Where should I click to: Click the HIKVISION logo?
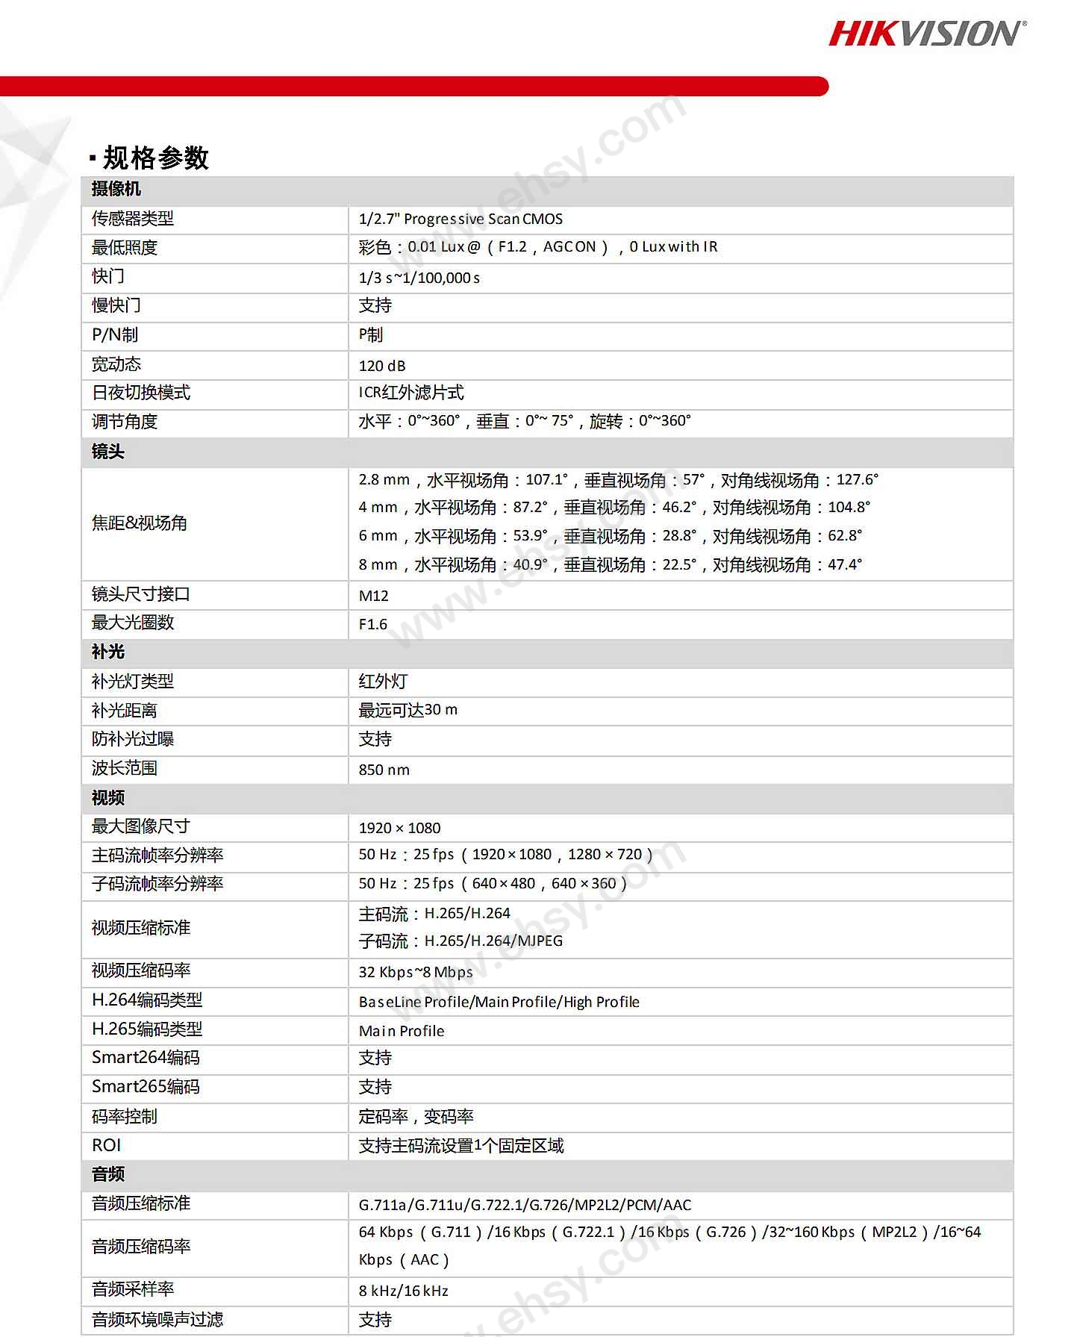(x=927, y=34)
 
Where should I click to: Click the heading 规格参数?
(x=155, y=158)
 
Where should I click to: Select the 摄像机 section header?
(x=116, y=190)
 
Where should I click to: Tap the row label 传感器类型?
(x=132, y=219)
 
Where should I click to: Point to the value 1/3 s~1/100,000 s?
(x=419, y=278)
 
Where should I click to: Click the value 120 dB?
(x=382, y=366)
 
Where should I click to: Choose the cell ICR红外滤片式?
(x=411, y=393)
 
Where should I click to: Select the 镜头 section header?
(x=108, y=452)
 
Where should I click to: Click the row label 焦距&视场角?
(x=139, y=523)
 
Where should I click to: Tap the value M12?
(x=373, y=596)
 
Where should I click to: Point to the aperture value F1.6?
(x=372, y=624)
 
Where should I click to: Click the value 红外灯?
(x=383, y=682)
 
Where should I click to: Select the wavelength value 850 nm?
(x=384, y=770)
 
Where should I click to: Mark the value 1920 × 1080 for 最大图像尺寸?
(x=399, y=828)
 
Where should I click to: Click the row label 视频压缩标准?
(x=141, y=928)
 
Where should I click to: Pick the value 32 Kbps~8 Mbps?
(x=415, y=972)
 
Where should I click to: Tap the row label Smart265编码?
(x=146, y=1087)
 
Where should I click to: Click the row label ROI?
(x=106, y=1145)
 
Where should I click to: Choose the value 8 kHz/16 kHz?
(x=403, y=1291)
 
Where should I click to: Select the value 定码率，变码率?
(x=416, y=1117)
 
